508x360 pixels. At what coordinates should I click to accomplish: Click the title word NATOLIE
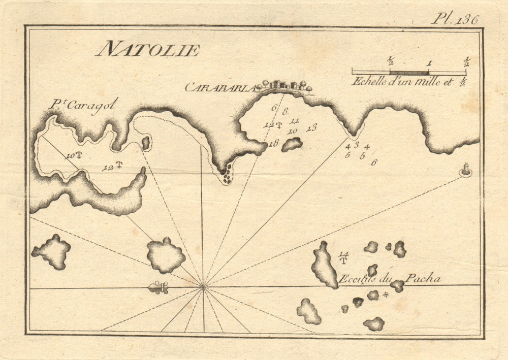[x=148, y=50]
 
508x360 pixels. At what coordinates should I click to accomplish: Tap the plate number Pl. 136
[x=455, y=19]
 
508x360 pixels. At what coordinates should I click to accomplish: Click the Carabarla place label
[x=219, y=88]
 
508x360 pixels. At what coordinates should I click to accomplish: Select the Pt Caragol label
[x=84, y=105]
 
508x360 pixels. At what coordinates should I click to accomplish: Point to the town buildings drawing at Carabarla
[x=284, y=86]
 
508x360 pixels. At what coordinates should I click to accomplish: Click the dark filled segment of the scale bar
[x=409, y=73]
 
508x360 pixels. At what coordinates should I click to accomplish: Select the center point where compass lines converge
[x=204, y=287]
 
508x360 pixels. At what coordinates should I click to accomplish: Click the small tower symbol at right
[x=465, y=170]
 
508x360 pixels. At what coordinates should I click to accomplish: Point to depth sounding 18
[x=274, y=144]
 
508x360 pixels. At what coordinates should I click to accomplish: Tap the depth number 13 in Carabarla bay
[x=311, y=127]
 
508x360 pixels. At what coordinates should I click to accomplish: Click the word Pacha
[x=422, y=279]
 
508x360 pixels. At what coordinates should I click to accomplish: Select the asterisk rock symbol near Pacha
[x=386, y=294]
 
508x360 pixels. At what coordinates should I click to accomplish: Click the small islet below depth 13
[x=292, y=144]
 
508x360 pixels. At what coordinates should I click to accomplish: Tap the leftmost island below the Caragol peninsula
[x=51, y=252]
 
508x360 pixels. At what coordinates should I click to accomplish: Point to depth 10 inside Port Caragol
[x=71, y=156]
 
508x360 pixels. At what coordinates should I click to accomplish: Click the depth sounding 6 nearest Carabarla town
[x=274, y=108]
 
